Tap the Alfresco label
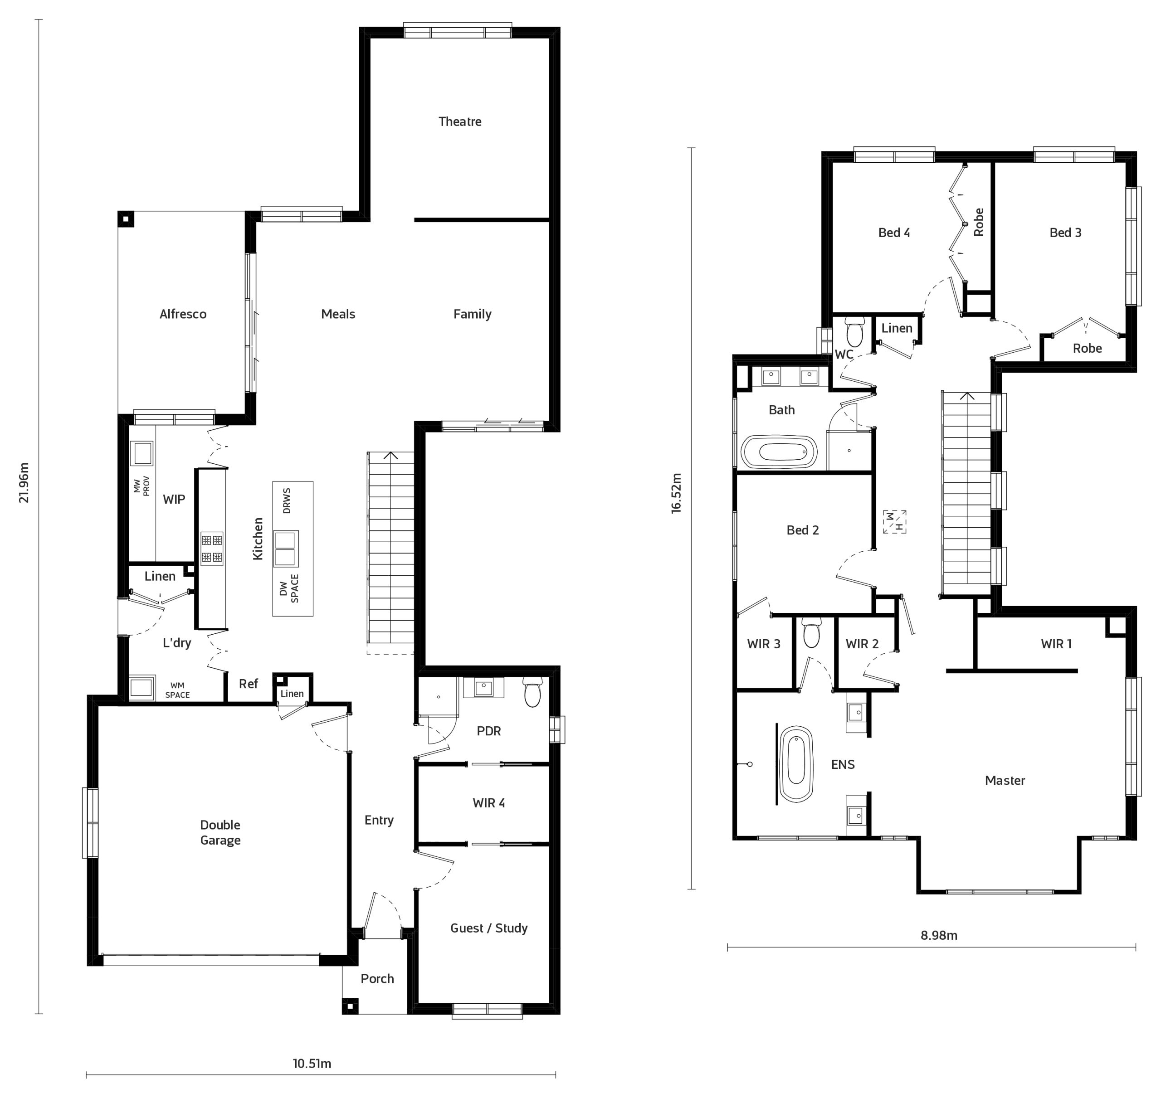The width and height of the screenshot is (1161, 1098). coord(183,314)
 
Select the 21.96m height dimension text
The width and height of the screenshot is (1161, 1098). coord(24,482)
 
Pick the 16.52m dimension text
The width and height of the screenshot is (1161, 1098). coord(676,493)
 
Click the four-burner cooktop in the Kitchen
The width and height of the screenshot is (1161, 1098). coord(212,549)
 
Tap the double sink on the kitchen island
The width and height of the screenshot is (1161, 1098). coord(285,549)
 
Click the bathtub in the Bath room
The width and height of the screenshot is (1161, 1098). coord(779,452)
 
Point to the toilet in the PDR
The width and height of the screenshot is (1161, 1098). coord(532,692)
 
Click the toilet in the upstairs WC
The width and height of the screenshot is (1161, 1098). coord(855,332)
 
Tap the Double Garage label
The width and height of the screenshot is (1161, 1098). coord(220,832)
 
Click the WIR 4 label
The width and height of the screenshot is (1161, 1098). coord(489,802)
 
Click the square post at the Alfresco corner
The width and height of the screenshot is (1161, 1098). coord(126,219)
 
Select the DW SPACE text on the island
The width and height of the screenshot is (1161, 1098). coord(289,588)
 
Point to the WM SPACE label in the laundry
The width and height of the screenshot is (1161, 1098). coord(177,690)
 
